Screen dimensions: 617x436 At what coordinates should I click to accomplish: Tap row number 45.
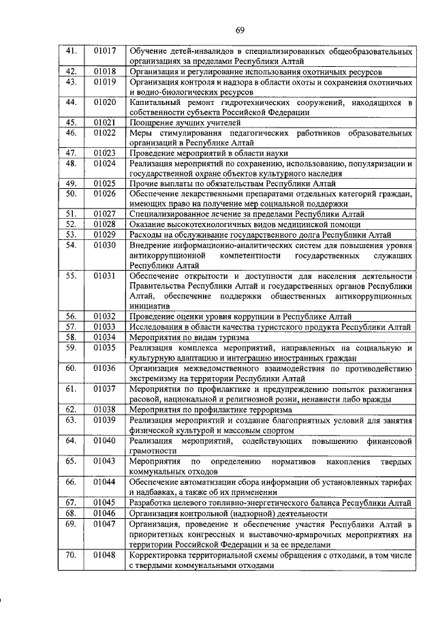[x=70, y=122]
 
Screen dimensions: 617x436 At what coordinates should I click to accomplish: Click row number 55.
[x=70, y=275]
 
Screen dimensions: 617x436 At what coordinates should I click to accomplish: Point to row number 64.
[x=70, y=440]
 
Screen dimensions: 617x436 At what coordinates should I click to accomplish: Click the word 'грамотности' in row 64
[x=153, y=451]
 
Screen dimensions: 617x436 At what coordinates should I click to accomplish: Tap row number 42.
[x=70, y=71]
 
